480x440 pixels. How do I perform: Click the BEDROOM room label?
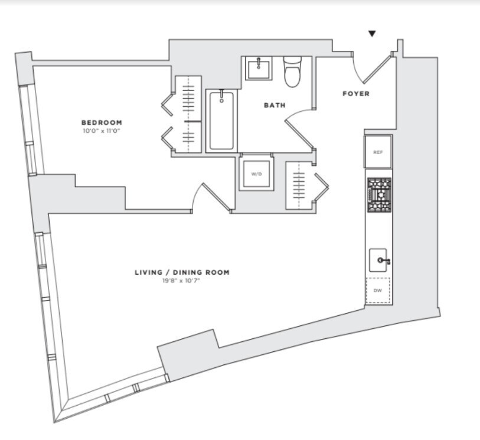102,123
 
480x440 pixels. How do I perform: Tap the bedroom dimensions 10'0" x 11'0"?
102,131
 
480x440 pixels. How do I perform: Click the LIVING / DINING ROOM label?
181,272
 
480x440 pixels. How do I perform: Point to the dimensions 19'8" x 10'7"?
181,281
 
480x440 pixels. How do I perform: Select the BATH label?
274,106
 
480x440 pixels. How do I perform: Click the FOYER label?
356,94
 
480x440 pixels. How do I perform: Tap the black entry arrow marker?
371,34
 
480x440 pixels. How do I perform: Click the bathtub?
221,120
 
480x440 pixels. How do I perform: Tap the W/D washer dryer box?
256,174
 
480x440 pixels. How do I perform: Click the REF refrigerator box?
378,152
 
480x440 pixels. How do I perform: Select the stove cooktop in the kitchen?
378,195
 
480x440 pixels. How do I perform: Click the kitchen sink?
378,260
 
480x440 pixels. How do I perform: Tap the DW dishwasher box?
378,291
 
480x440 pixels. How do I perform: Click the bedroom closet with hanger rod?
188,112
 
